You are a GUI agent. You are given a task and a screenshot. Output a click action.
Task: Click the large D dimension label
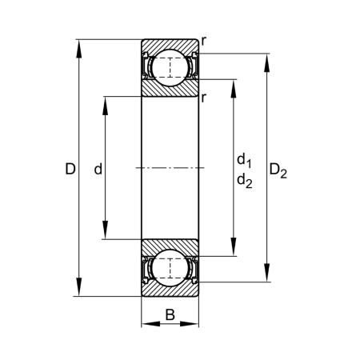[70, 169]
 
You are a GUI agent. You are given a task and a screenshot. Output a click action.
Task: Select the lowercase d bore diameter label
[98, 169]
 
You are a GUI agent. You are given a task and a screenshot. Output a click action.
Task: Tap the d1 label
[244, 161]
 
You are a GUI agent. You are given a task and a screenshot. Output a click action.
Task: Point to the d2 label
[244, 181]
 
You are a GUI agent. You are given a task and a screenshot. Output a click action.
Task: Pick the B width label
[170, 314]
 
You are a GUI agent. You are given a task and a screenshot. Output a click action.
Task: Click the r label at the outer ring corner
[205, 39]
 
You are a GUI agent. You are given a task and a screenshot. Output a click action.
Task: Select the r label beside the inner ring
[205, 98]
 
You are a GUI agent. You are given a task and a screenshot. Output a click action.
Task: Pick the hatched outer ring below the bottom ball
[170, 290]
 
